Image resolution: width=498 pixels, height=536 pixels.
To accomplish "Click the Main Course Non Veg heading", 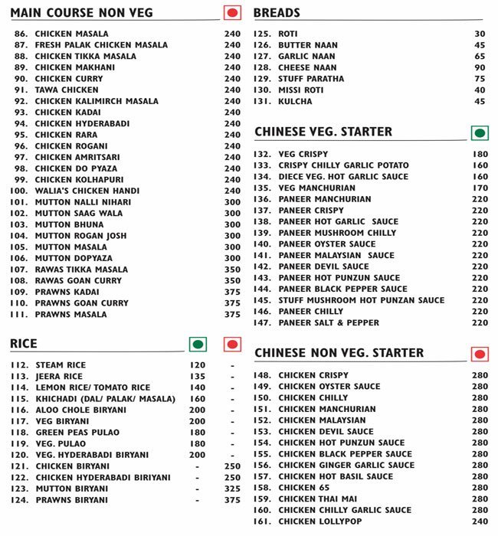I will click(x=82, y=13).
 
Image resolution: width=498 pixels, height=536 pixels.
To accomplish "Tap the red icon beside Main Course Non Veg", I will click(x=232, y=12).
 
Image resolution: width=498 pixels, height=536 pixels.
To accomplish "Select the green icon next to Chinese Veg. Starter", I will click(x=480, y=133).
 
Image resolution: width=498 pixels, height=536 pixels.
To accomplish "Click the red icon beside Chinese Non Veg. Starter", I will click(x=480, y=354).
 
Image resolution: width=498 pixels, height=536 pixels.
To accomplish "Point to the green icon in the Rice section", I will click(x=198, y=344).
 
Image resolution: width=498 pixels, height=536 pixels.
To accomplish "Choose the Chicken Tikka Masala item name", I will click(x=85, y=56).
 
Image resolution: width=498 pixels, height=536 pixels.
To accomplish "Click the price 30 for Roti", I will click(x=480, y=34).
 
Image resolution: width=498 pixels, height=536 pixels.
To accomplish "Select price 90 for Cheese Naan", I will click(x=480, y=67).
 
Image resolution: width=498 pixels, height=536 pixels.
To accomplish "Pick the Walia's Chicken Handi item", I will click(x=87, y=191).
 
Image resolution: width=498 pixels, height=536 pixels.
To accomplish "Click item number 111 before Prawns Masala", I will click(x=20, y=314).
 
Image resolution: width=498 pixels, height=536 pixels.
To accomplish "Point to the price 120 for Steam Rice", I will click(x=198, y=365).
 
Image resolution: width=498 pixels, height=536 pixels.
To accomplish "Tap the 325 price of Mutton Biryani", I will click(x=232, y=489).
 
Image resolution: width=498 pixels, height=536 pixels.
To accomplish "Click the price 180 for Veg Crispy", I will click(x=480, y=154).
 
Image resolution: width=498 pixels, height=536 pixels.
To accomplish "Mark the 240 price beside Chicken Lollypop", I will click(x=480, y=521).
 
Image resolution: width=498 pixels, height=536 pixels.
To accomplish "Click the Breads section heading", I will click(x=277, y=13).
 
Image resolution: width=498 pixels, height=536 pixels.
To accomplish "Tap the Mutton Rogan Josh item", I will click(x=80, y=236).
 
